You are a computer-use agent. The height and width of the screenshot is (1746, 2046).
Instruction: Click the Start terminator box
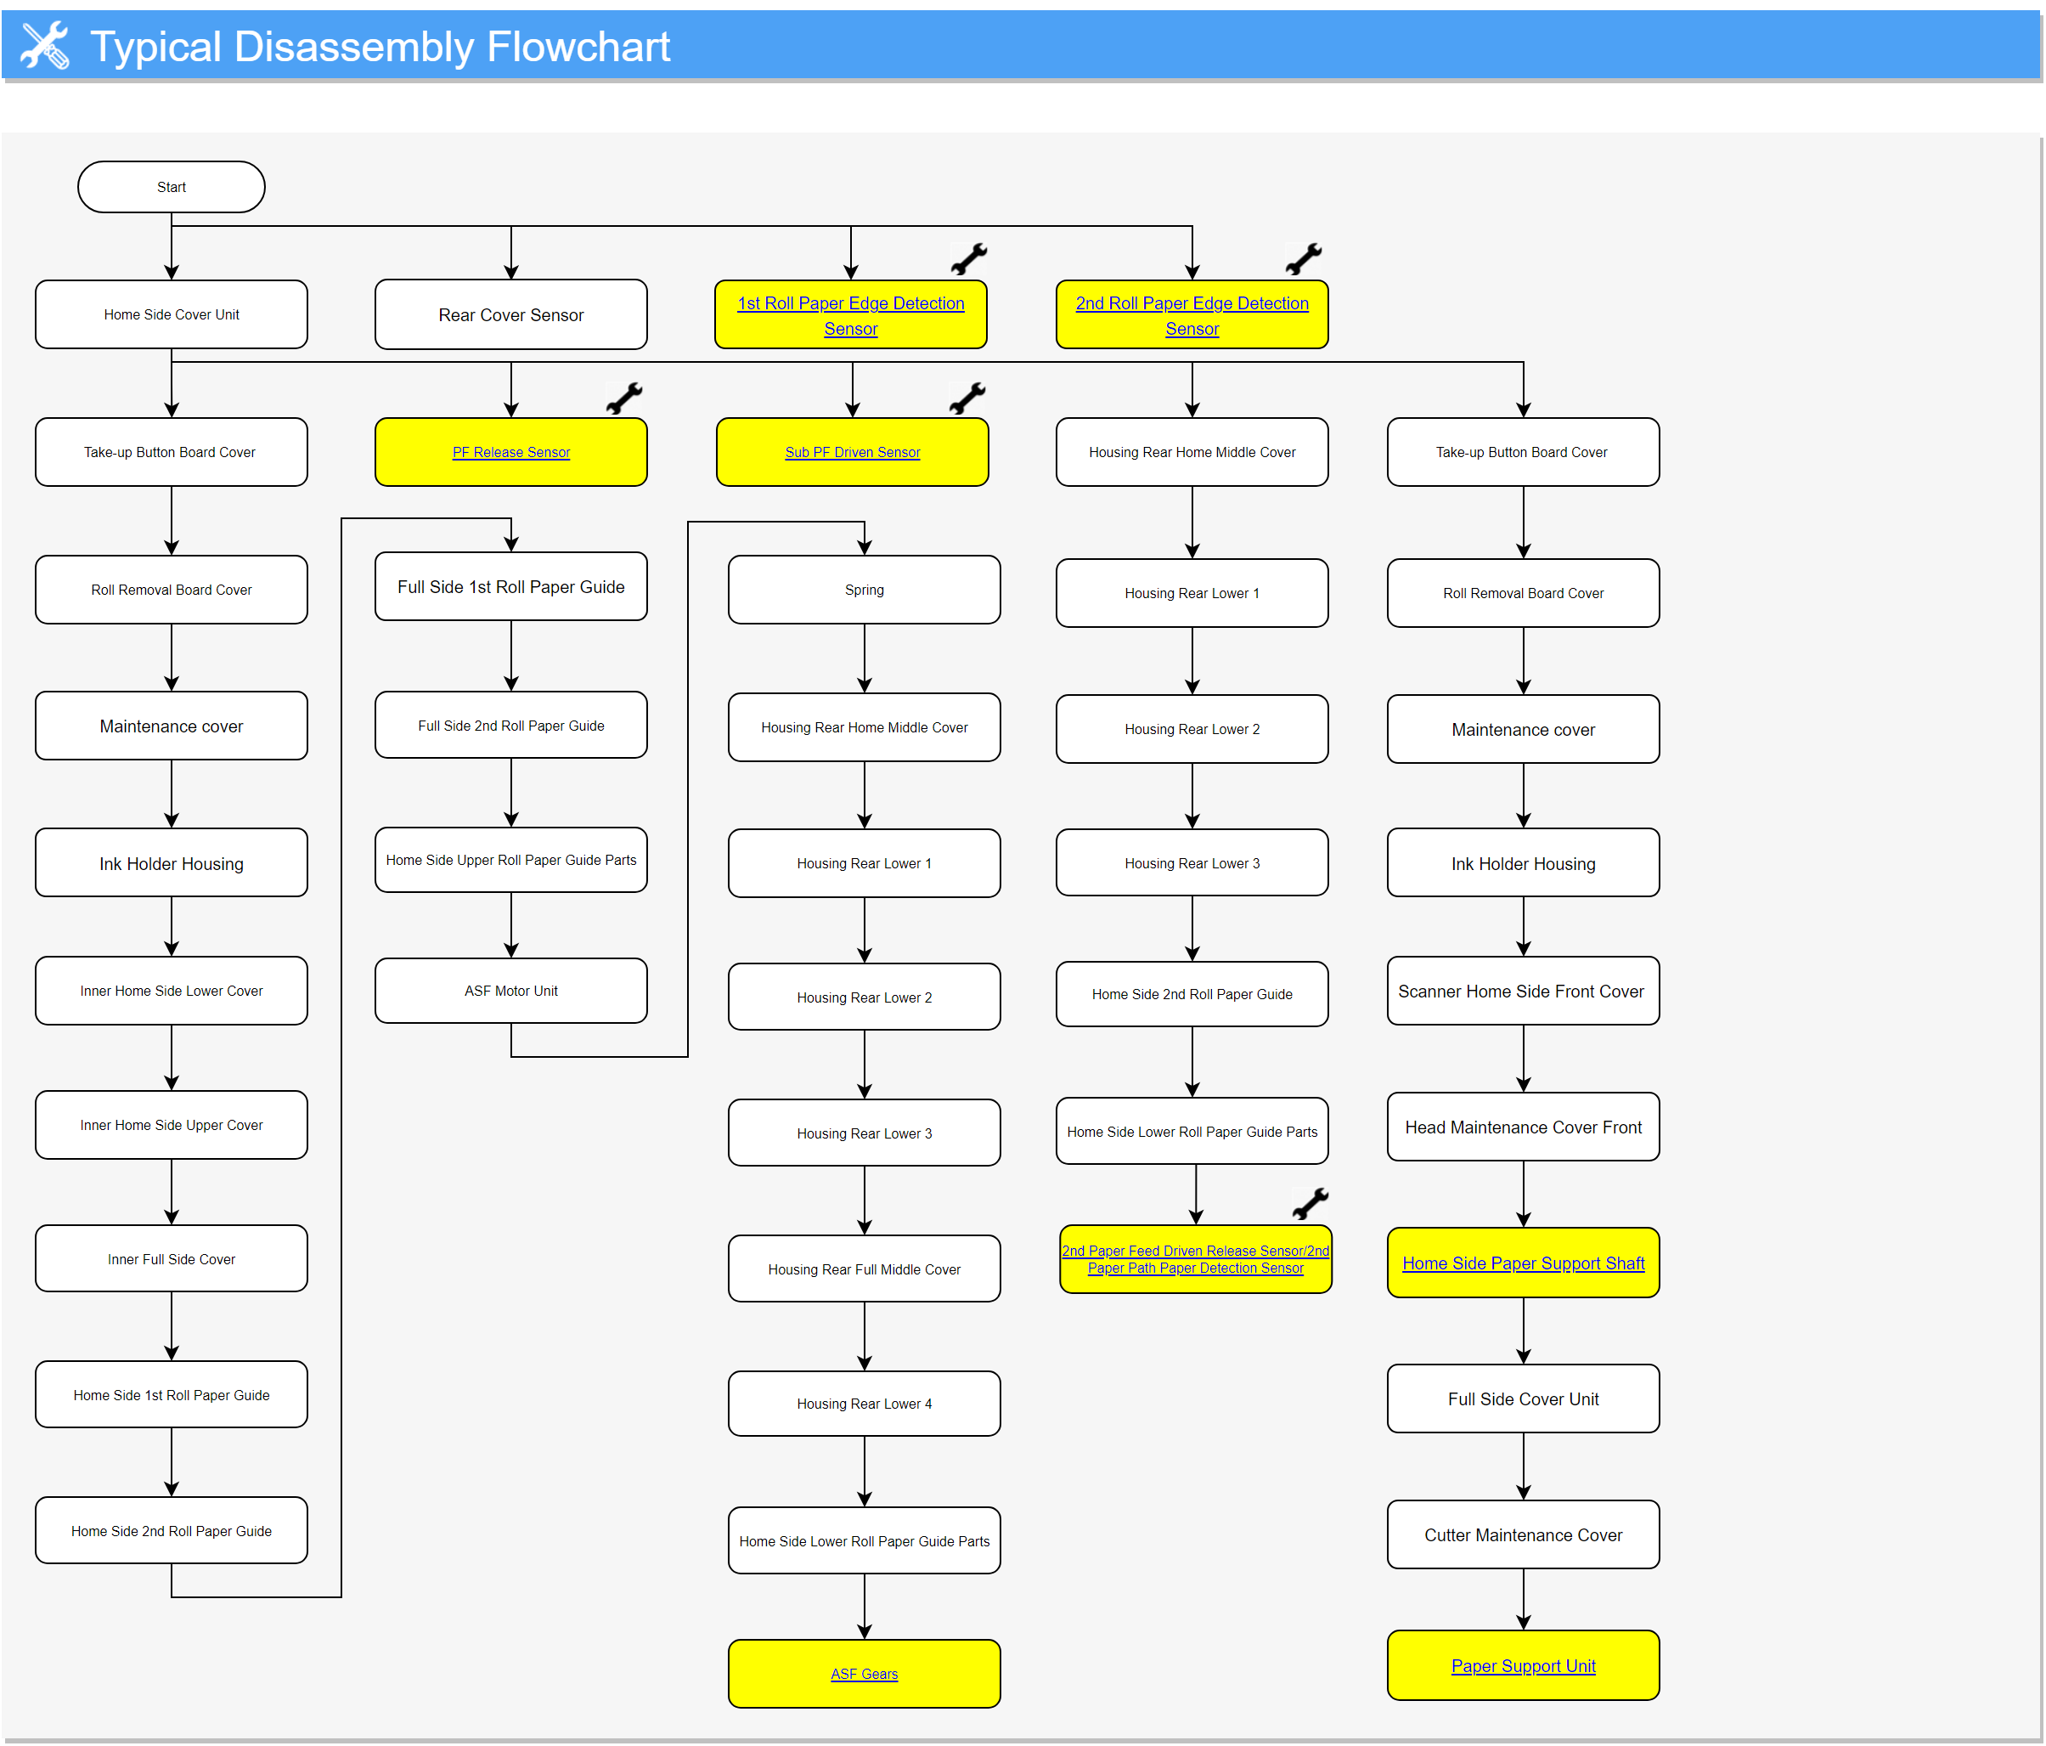(171, 187)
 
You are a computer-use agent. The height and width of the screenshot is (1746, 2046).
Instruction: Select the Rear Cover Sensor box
(510, 314)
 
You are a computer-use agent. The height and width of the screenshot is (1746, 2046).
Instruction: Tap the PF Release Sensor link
(510, 452)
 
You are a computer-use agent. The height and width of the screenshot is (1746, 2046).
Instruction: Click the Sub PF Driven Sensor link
(852, 452)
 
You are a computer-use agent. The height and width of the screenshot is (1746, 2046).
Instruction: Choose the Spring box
(864, 590)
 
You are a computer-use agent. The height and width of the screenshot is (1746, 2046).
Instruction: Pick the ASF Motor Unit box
(510, 991)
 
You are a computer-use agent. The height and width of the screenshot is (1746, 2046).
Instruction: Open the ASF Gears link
(864, 1674)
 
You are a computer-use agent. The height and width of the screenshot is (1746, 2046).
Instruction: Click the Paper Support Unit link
(1523, 1666)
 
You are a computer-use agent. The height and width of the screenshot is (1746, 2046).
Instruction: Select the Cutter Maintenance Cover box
(1523, 1534)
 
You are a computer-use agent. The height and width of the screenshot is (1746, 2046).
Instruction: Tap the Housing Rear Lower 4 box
(864, 1404)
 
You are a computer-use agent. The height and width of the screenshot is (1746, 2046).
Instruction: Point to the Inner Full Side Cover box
(171, 1259)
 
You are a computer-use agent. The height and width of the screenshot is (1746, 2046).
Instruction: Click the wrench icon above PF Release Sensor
(624, 398)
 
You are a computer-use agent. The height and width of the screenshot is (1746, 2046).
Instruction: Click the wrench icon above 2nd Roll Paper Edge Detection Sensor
(1304, 259)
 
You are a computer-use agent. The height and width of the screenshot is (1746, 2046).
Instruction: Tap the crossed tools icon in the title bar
(45, 45)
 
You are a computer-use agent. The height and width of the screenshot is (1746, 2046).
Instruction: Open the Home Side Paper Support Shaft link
(1523, 1263)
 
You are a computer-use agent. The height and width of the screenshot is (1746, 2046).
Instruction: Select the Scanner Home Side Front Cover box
(1523, 991)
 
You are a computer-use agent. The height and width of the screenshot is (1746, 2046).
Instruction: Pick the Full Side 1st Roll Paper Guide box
(510, 586)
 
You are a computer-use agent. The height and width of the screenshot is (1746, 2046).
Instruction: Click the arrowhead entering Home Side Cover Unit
(172, 273)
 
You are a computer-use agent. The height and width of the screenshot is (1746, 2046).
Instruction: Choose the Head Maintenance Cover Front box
(1523, 1127)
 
